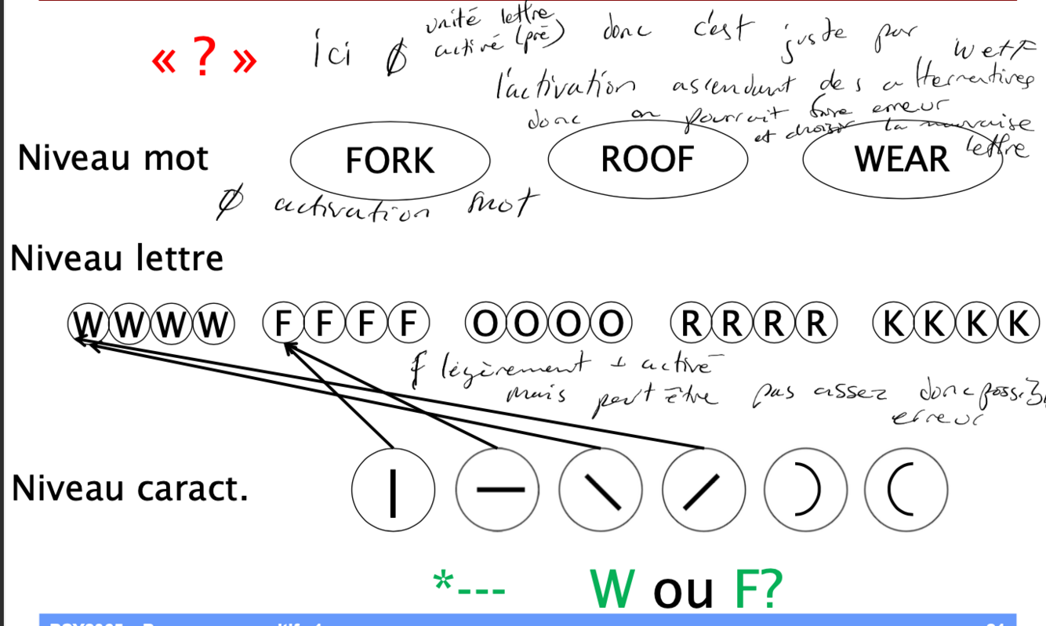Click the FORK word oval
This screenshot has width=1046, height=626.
point(390,161)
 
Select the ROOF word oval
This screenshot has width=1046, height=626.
point(647,160)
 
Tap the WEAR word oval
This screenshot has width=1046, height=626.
point(902,160)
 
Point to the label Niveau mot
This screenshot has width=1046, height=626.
point(113,158)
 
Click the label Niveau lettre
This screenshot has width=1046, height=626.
point(117,259)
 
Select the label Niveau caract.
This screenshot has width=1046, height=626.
point(129,489)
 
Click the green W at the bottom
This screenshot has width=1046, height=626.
point(616,589)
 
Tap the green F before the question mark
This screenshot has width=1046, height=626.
point(747,589)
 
